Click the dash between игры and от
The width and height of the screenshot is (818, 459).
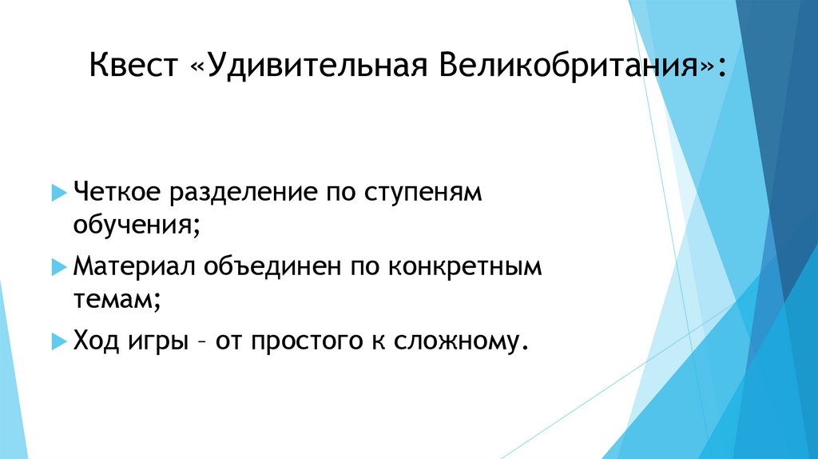[200, 341]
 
